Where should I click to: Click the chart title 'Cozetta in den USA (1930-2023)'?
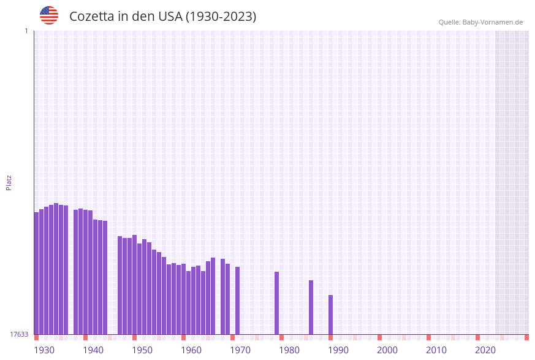[x=162, y=17]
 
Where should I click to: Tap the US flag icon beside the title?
[x=49, y=15]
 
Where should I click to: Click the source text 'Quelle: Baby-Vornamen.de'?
[x=480, y=22]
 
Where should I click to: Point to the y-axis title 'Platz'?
[x=9, y=182]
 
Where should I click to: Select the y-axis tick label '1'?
[x=26, y=31]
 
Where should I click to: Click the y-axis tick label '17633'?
[x=19, y=334]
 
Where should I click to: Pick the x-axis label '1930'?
[x=44, y=350]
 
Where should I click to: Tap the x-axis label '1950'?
[x=142, y=350]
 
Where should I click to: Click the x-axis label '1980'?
[x=289, y=350]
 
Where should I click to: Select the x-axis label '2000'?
[x=387, y=350]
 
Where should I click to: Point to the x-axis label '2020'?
[x=485, y=350]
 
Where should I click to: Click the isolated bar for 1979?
[x=277, y=303]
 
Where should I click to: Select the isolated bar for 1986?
[x=311, y=307]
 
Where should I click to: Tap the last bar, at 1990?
[x=331, y=315]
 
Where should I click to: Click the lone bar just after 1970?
[x=238, y=301]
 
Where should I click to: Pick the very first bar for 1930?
[x=36, y=273]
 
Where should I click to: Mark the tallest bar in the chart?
[x=56, y=269]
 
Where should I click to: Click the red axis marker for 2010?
[x=428, y=337]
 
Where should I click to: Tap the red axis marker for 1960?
[x=183, y=337]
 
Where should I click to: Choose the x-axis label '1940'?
[x=93, y=350]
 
